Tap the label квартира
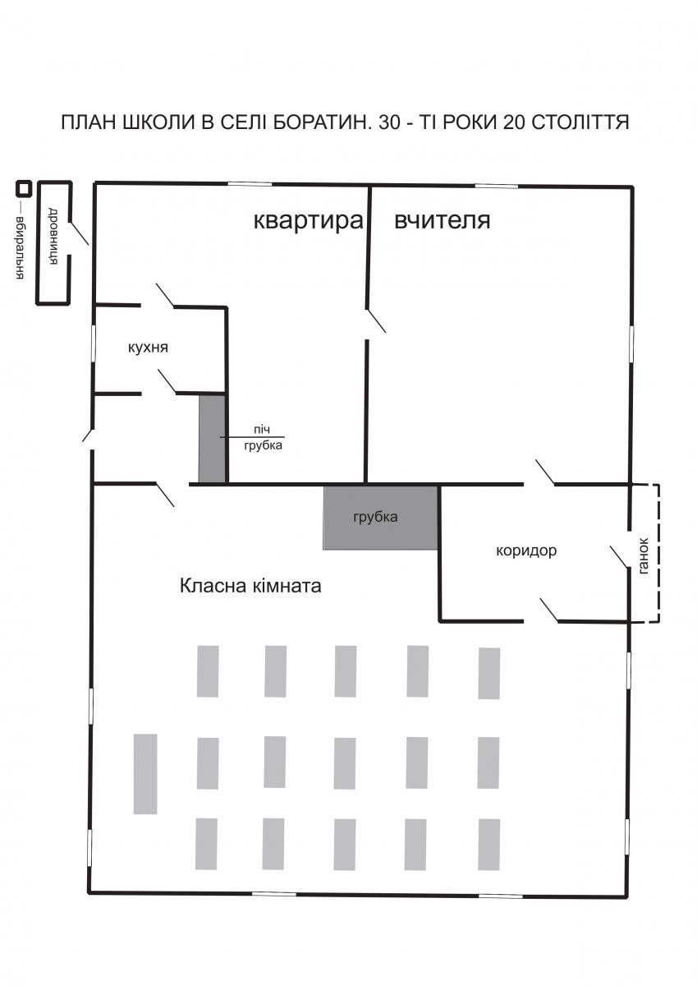(308, 220)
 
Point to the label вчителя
(443, 220)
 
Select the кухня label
(149, 348)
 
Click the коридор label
(526, 551)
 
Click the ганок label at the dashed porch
(644, 555)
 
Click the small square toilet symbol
(25, 188)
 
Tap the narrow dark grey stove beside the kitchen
(212, 439)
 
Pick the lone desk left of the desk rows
(145, 774)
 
